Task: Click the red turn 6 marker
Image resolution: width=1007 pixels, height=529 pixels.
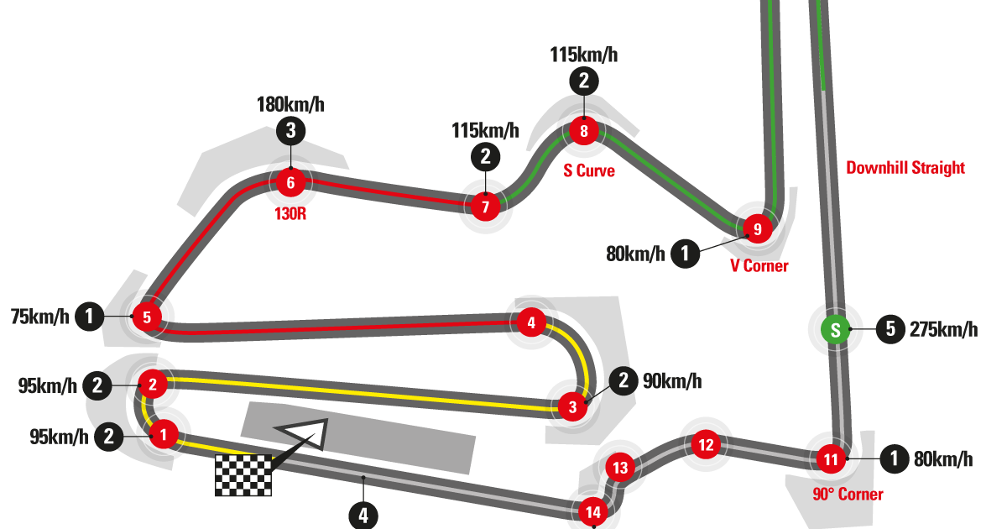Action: pos(290,182)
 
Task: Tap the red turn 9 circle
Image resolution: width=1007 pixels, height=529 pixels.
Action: pos(757,228)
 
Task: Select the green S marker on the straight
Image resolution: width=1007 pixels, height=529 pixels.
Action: pos(835,330)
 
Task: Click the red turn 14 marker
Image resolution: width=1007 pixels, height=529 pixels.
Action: pos(592,511)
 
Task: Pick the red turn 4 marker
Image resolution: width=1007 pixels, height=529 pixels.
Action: pos(530,322)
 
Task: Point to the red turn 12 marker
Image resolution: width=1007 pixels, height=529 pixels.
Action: pos(706,444)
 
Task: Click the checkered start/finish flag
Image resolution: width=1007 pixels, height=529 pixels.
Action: pos(243,475)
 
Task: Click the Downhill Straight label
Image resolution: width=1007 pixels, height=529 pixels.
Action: pos(905,168)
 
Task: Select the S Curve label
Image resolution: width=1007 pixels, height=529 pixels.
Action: pos(588,171)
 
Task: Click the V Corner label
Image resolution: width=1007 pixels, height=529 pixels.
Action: pos(758,266)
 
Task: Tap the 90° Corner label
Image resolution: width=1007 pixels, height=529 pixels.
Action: pos(848,494)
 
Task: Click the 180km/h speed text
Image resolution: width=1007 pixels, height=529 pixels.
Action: pos(290,105)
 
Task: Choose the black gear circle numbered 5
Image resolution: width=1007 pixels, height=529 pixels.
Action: pos(890,329)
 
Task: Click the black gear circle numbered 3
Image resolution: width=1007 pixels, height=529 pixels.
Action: pos(290,130)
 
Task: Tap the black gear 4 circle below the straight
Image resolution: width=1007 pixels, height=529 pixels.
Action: pos(363,515)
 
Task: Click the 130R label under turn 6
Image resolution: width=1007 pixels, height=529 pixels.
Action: pos(290,213)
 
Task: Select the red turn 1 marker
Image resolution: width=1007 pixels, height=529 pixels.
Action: pos(164,435)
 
